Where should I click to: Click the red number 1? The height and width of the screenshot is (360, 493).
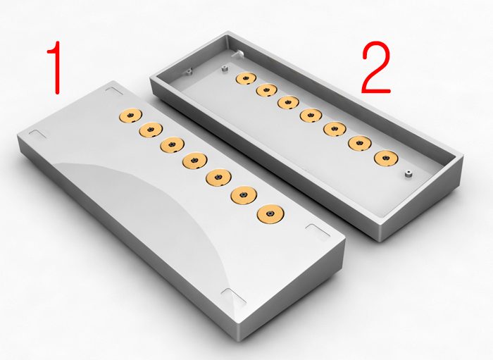pyautogui.click(x=56, y=68)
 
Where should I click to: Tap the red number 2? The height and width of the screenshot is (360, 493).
pyautogui.click(x=375, y=67)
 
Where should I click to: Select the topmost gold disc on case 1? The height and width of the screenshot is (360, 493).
pyautogui.click(x=130, y=116)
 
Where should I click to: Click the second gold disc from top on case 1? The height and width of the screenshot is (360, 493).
pyautogui.click(x=151, y=130)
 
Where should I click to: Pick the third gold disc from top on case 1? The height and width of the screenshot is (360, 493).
pyautogui.click(x=172, y=145)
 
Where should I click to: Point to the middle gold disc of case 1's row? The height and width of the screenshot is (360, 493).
pyautogui.click(x=194, y=160)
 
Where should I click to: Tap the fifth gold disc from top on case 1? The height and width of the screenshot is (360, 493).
pyautogui.click(x=218, y=178)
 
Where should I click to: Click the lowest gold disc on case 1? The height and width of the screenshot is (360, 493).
pyautogui.click(x=270, y=213)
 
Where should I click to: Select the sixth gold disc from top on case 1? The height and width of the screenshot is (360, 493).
pyautogui.click(x=244, y=195)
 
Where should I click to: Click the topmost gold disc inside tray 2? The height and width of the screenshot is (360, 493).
pyautogui.click(x=246, y=78)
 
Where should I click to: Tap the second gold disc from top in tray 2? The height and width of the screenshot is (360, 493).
pyautogui.click(x=267, y=90)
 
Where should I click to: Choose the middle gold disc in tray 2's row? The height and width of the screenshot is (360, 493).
pyautogui.click(x=311, y=115)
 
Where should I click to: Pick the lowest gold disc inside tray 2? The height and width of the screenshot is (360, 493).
pyautogui.click(x=386, y=158)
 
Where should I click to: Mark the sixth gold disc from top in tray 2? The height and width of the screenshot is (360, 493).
pyautogui.click(x=360, y=143)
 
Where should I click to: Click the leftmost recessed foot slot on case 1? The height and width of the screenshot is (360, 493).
pyautogui.click(x=39, y=134)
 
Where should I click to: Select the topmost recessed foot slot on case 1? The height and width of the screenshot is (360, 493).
pyautogui.click(x=114, y=91)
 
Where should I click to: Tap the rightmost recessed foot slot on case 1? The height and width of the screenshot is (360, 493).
pyautogui.click(x=318, y=230)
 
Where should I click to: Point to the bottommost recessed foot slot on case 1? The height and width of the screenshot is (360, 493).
pyautogui.click(x=234, y=297)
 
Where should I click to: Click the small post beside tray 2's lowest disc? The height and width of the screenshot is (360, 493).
pyautogui.click(x=408, y=174)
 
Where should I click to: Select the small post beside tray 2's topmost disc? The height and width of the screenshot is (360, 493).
pyautogui.click(x=224, y=68)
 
